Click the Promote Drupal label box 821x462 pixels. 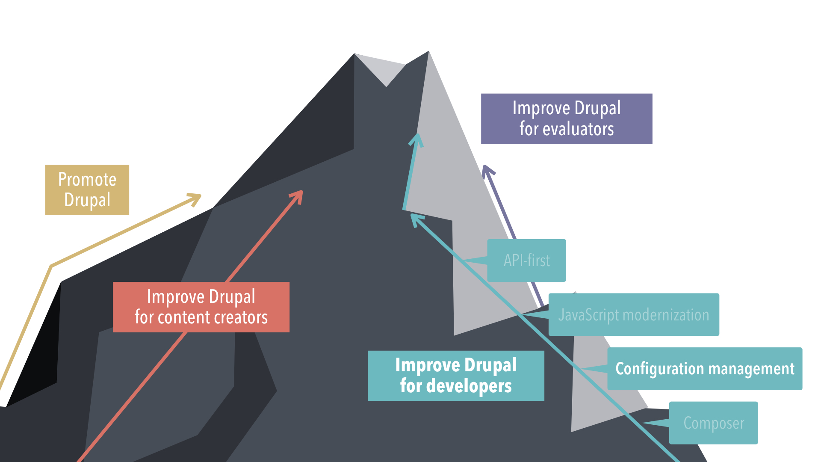pyautogui.click(x=87, y=190)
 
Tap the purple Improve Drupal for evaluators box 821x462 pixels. pyautogui.click(x=566, y=118)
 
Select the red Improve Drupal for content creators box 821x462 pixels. pyautogui.click(x=201, y=307)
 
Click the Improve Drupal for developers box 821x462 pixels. pyautogui.click(x=456, y=376)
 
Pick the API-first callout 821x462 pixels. pyautogui.click(x=526, y=261)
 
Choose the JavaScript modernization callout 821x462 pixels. pyautogui.click(x=633, y=314)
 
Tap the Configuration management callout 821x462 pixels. pyautogui.click(x=704, y=368)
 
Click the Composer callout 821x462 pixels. pyautogui.click(x=713, y=423)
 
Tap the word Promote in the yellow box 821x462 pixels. pyautogui.click(x=87, y=179)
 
